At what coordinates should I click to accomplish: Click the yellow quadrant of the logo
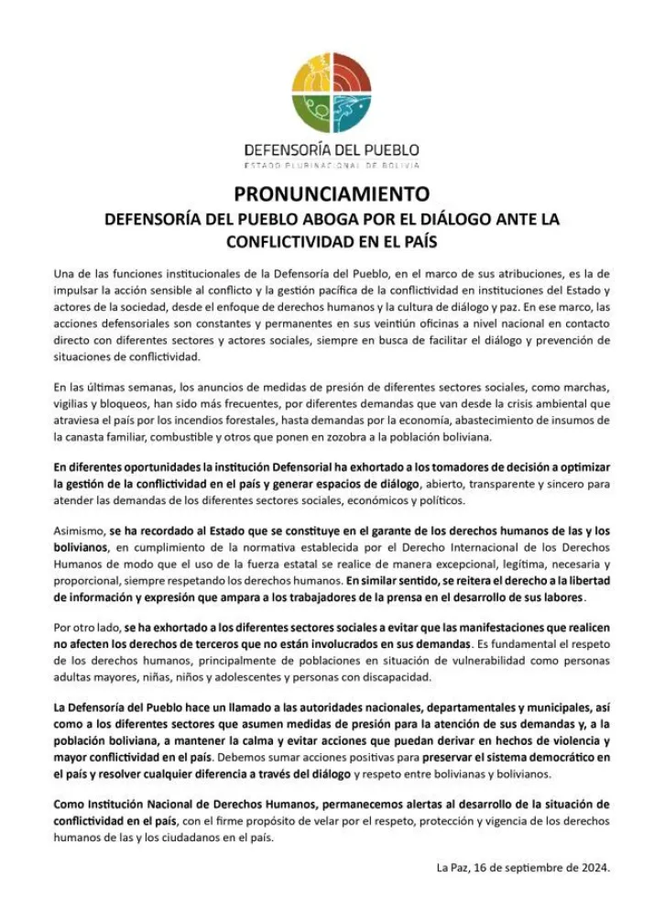point(312,76)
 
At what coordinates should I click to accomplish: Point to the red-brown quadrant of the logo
point(351,76)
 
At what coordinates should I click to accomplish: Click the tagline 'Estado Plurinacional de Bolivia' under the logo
point(332,165)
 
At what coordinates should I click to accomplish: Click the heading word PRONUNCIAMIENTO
point(332,194)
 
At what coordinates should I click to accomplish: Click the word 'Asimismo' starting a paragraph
point(78,531)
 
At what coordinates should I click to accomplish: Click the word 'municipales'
point(540,707)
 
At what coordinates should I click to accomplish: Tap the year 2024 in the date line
point(593,866)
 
